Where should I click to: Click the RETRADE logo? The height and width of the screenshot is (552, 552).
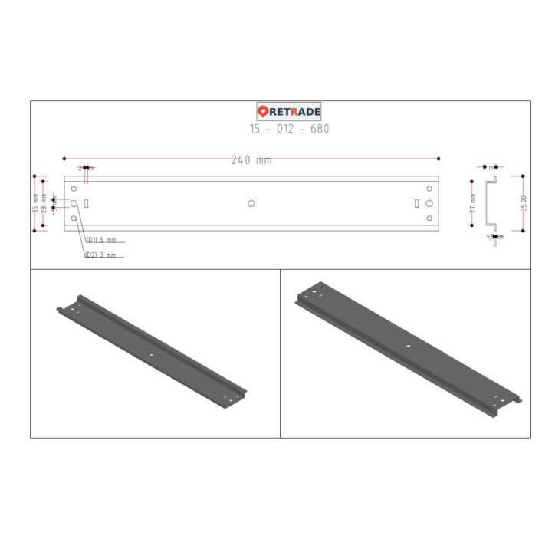tap(289, 112)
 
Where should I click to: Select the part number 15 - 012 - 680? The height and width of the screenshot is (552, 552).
tap(289, 129)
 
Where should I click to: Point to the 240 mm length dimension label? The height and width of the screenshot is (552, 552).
tap(251, 160)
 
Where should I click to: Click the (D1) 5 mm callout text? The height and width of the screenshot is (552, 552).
tap(100, 240)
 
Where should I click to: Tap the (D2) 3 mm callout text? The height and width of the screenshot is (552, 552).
tap(100, 255)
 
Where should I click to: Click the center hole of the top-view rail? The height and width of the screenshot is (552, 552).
tap(251, 203)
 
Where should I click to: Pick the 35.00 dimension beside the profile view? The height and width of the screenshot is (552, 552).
tap(524, 203)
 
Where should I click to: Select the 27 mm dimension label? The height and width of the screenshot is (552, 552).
tap(473, 203)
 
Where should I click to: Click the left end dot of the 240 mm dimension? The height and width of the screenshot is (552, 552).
tap(64, 159)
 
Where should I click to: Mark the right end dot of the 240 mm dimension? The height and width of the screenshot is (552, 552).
tap(438, 159)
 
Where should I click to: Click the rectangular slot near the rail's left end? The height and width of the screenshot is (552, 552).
tap(87, 203)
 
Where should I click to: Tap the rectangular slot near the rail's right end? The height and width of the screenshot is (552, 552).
tap(416, 203)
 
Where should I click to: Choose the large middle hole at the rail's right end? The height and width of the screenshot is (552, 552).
tap(429, 203)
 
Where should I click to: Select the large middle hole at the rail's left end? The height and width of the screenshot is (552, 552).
tap(74, 203)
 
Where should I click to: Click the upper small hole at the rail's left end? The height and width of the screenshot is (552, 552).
tap(74, 189)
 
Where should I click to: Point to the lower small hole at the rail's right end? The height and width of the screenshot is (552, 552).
tap(429, 219)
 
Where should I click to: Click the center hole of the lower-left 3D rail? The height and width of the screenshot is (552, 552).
tap(152, 355)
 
